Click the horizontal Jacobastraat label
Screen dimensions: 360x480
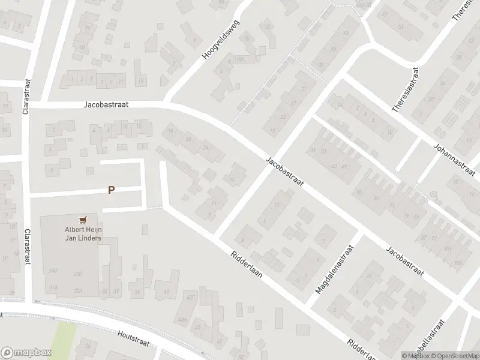pos(106,104)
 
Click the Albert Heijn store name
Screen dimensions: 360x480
pos(83,229)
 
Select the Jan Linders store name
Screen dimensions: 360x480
pos(83,238)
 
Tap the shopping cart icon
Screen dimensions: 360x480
pos(83,220)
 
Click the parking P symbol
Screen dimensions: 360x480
pos(111,190)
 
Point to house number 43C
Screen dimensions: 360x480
pos(191,297)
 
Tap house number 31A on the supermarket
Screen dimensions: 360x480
pos(53,287)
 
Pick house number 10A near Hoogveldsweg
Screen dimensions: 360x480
pos(241,60)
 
